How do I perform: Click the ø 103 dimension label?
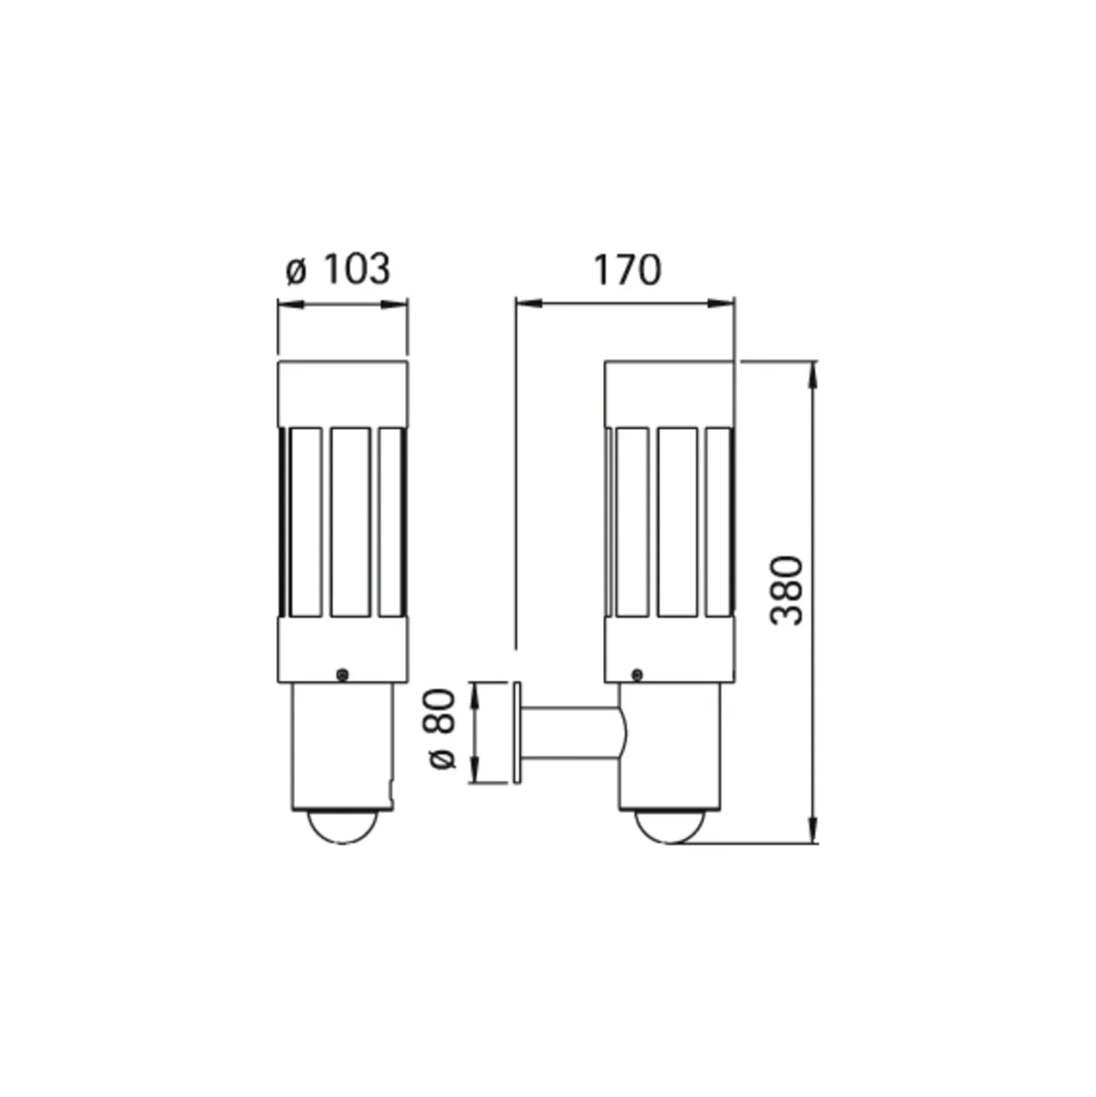pos(338,270)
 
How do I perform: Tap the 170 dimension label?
pos(627,270)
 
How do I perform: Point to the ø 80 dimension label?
pos(442,729)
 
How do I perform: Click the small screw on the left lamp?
pos(342,675)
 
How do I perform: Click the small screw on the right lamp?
pos(637,675)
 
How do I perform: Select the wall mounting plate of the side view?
pos(518,732)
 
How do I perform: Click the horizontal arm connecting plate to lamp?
pos(573,733)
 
